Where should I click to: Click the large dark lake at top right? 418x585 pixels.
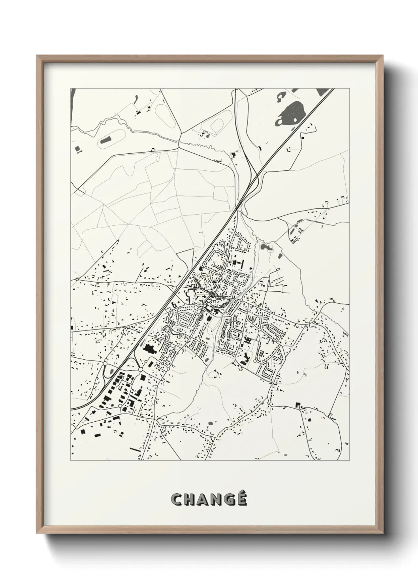(x=293, y=111)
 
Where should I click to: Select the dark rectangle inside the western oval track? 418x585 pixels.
(x=106, y=140)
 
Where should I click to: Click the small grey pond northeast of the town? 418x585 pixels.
(x=264, y=248)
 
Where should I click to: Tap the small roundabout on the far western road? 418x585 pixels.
(x=77, y=279)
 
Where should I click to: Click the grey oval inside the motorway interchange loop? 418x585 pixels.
(x=108, y=372)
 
